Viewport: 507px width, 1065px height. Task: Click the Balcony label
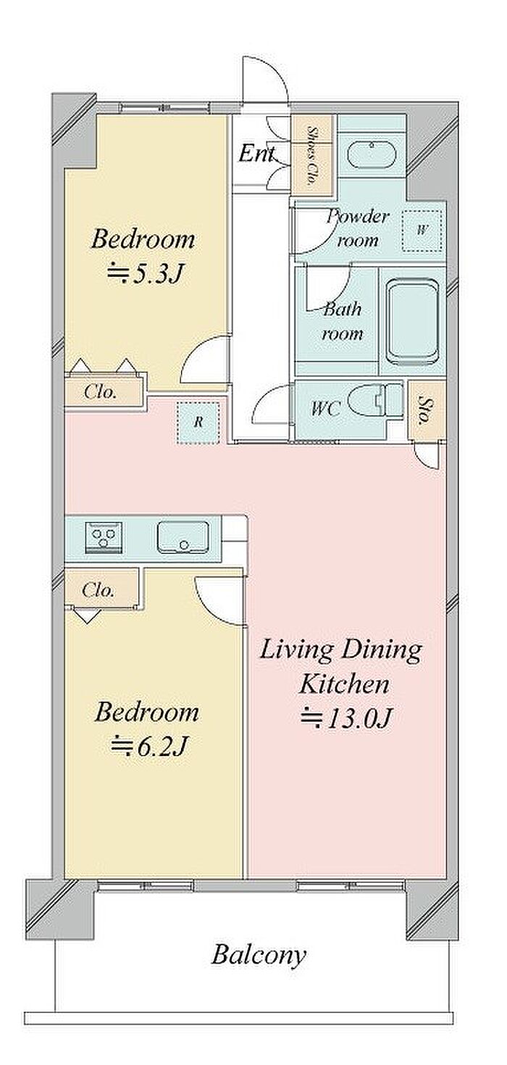[x=259, y=955]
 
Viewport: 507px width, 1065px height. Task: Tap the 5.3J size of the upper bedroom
[x=145, y=274]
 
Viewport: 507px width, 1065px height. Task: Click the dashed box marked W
[x=422, y=231]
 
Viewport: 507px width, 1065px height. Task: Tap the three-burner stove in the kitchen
[x=104, y=536]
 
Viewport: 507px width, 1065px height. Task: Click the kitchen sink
[x=183, y=537]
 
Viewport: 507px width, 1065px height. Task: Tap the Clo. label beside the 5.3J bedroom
[x=100, y=392]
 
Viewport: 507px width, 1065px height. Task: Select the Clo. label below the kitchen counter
[x=98, y=590]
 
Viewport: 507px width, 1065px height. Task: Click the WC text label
[x=325, y=408]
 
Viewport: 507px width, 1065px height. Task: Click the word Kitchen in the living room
[x=344, y=684]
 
